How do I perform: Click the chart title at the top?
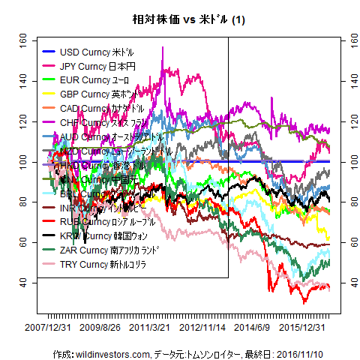(x=179, y=19)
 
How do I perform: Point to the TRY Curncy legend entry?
(x=97, y=265)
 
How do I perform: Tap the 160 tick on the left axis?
(x=23, y=40)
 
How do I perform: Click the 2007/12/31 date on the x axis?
(x=48, y=328)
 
